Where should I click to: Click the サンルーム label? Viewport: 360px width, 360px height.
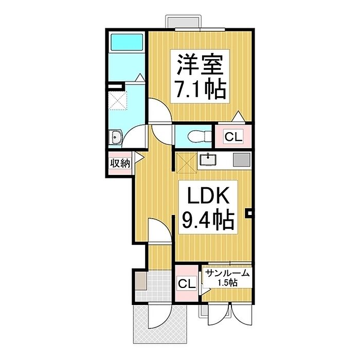click(227, 274)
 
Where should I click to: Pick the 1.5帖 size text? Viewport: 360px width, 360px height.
click(227, 283)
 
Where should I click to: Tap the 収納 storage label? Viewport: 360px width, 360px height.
click(119, 164)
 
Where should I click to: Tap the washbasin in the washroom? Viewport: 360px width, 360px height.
click(116, 137)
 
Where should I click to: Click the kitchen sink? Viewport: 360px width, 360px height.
click(208, 160)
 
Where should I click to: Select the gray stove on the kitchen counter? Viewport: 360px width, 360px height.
click(241, 159)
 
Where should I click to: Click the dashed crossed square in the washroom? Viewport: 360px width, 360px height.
click(119, 100)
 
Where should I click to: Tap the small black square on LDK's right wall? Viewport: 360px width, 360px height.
click(249, 212)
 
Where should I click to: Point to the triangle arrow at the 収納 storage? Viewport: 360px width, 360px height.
click(139, 159)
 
